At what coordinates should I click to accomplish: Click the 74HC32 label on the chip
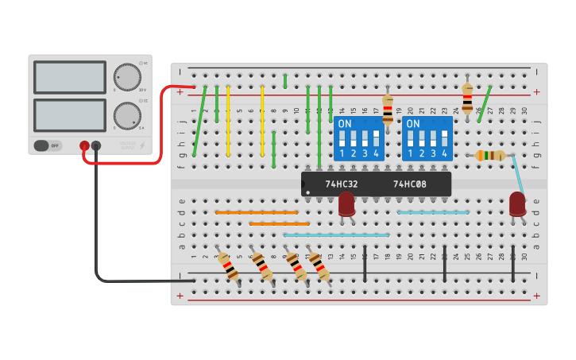click(342, 184)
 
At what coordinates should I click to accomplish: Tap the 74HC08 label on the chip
click(410, 184)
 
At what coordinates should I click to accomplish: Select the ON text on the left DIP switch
click(345, 124)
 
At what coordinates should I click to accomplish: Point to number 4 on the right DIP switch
click(444, 153)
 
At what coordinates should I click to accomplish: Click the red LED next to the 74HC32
click(346, 203)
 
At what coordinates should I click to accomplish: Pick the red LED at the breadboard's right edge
click(517, 203)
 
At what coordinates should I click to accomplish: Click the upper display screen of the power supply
click(70, 77)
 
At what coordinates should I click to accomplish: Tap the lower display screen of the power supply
click(70, 115)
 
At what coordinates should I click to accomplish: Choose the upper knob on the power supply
click(127, 77)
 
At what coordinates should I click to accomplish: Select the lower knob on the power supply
click(127, 116)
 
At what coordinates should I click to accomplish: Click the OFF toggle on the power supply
click(48, 145)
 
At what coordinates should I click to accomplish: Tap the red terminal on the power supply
click(84, 145)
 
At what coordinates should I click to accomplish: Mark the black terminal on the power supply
click(96, 145)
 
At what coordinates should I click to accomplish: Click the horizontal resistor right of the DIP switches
click(490, 156)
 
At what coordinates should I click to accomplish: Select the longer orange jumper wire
click(257, 212)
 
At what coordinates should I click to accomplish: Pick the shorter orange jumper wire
click(279, 224)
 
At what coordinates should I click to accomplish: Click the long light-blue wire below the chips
click(336, 235)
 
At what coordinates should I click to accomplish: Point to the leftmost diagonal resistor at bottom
click(229, 266)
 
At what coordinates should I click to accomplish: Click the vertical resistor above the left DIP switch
click(388, 109)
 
